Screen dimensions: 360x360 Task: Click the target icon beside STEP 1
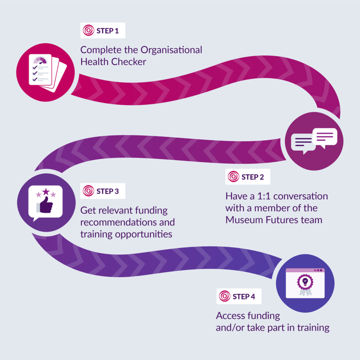[89, 30]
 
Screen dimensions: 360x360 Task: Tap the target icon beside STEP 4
[225, 296]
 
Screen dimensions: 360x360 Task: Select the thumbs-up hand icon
[45, 205]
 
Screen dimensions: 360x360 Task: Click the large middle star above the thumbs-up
[46, 191]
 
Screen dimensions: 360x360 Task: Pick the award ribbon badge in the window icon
[305, 285]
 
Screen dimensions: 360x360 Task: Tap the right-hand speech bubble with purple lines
[325, 138]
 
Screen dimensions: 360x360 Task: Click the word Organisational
[171, 50]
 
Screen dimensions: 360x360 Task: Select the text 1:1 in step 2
[264, 196]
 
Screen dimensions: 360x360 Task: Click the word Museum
[244, 220]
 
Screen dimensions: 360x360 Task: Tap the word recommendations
[118, 222]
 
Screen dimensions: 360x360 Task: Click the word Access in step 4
[231, 315]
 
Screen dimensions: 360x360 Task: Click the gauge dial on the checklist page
[40, 60]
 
